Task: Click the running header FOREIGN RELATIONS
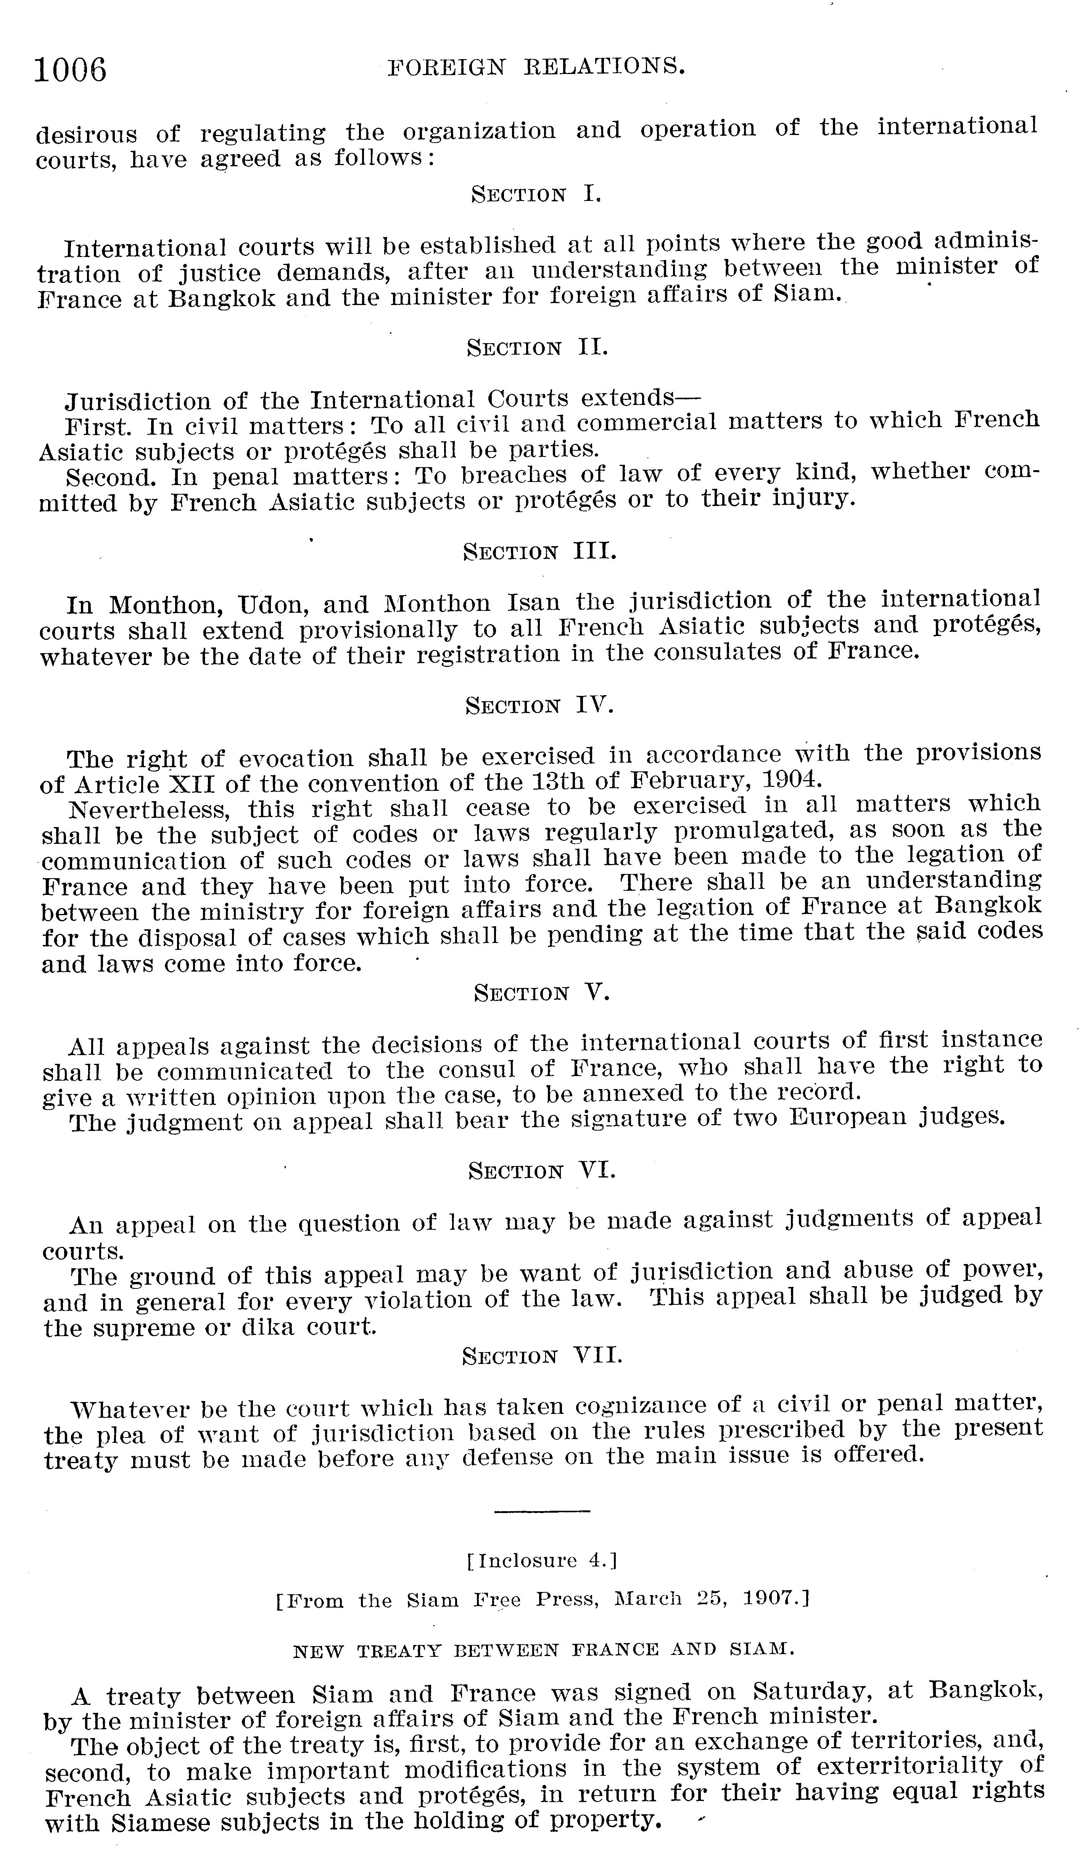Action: (535, 67)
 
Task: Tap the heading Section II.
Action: (537, 347)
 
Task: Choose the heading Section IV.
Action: (539, 705)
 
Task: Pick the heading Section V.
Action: (541, 993)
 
